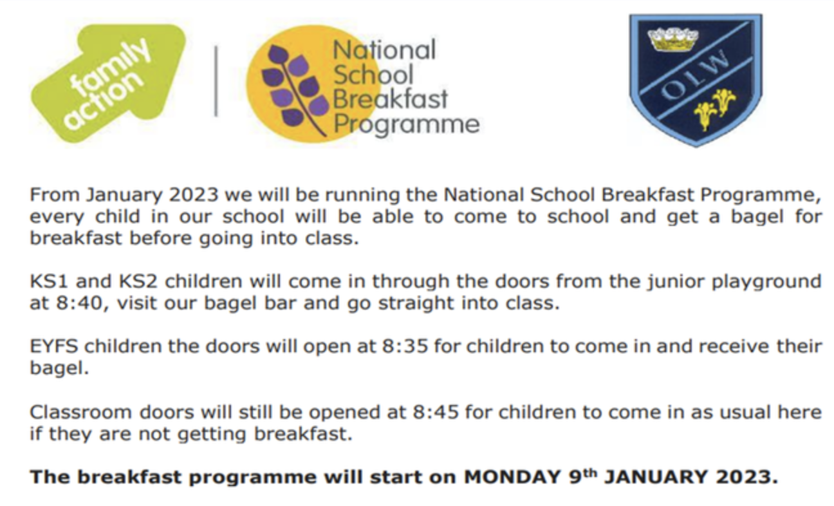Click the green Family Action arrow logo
[108, 82]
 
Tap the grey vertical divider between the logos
[216, 81]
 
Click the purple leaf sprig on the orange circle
[295, 90]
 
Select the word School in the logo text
[373, 75]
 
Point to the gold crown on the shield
[673, 39]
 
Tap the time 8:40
[79, 303]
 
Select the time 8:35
[405, 346]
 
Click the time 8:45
[436, 412]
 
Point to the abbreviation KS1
[49, 281]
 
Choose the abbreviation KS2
[138, 281]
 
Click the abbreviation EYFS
[54, 346]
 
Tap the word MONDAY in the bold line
[512, 477]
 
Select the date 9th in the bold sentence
[583, 476]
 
